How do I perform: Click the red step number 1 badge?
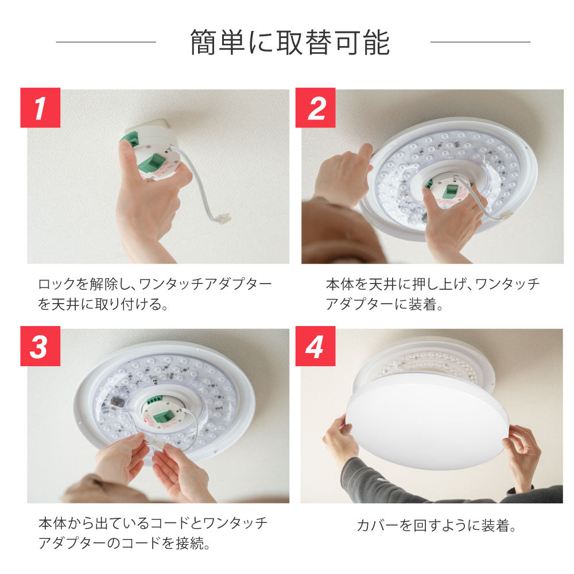pyautogui.click(x=40, y=108)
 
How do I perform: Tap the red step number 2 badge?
pyautogui.click(x=315, y=108)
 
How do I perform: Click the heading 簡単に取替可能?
pyautogui.click(x=290, y=43)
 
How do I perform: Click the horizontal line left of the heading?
pyautogui.click(x=106, y=42)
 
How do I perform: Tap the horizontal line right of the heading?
pyautogui.click(x=480, y=42)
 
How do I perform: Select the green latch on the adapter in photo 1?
pyautogui.click(x=150, y=164)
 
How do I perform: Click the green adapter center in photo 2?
pyautogui.click(x=449, y=191)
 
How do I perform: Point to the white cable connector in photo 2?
pyautogui.click(x=506, y=216)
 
